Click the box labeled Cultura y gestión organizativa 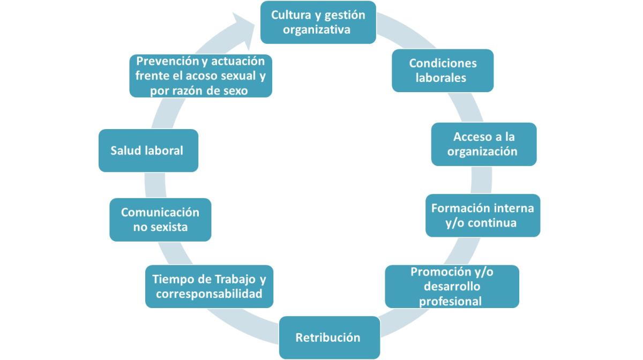pos(318,22)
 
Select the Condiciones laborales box pos(442,70)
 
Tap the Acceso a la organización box pos(483,144)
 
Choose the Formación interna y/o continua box pos(482,215)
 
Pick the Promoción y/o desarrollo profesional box pos(452,286)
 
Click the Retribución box pos(328,337)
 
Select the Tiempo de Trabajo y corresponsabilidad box pos(209,286)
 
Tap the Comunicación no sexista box pos(160,220)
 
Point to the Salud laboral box pos(148,150)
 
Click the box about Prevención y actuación pos(200,76)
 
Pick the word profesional pos(450,301)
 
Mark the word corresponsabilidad pos(209,294)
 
